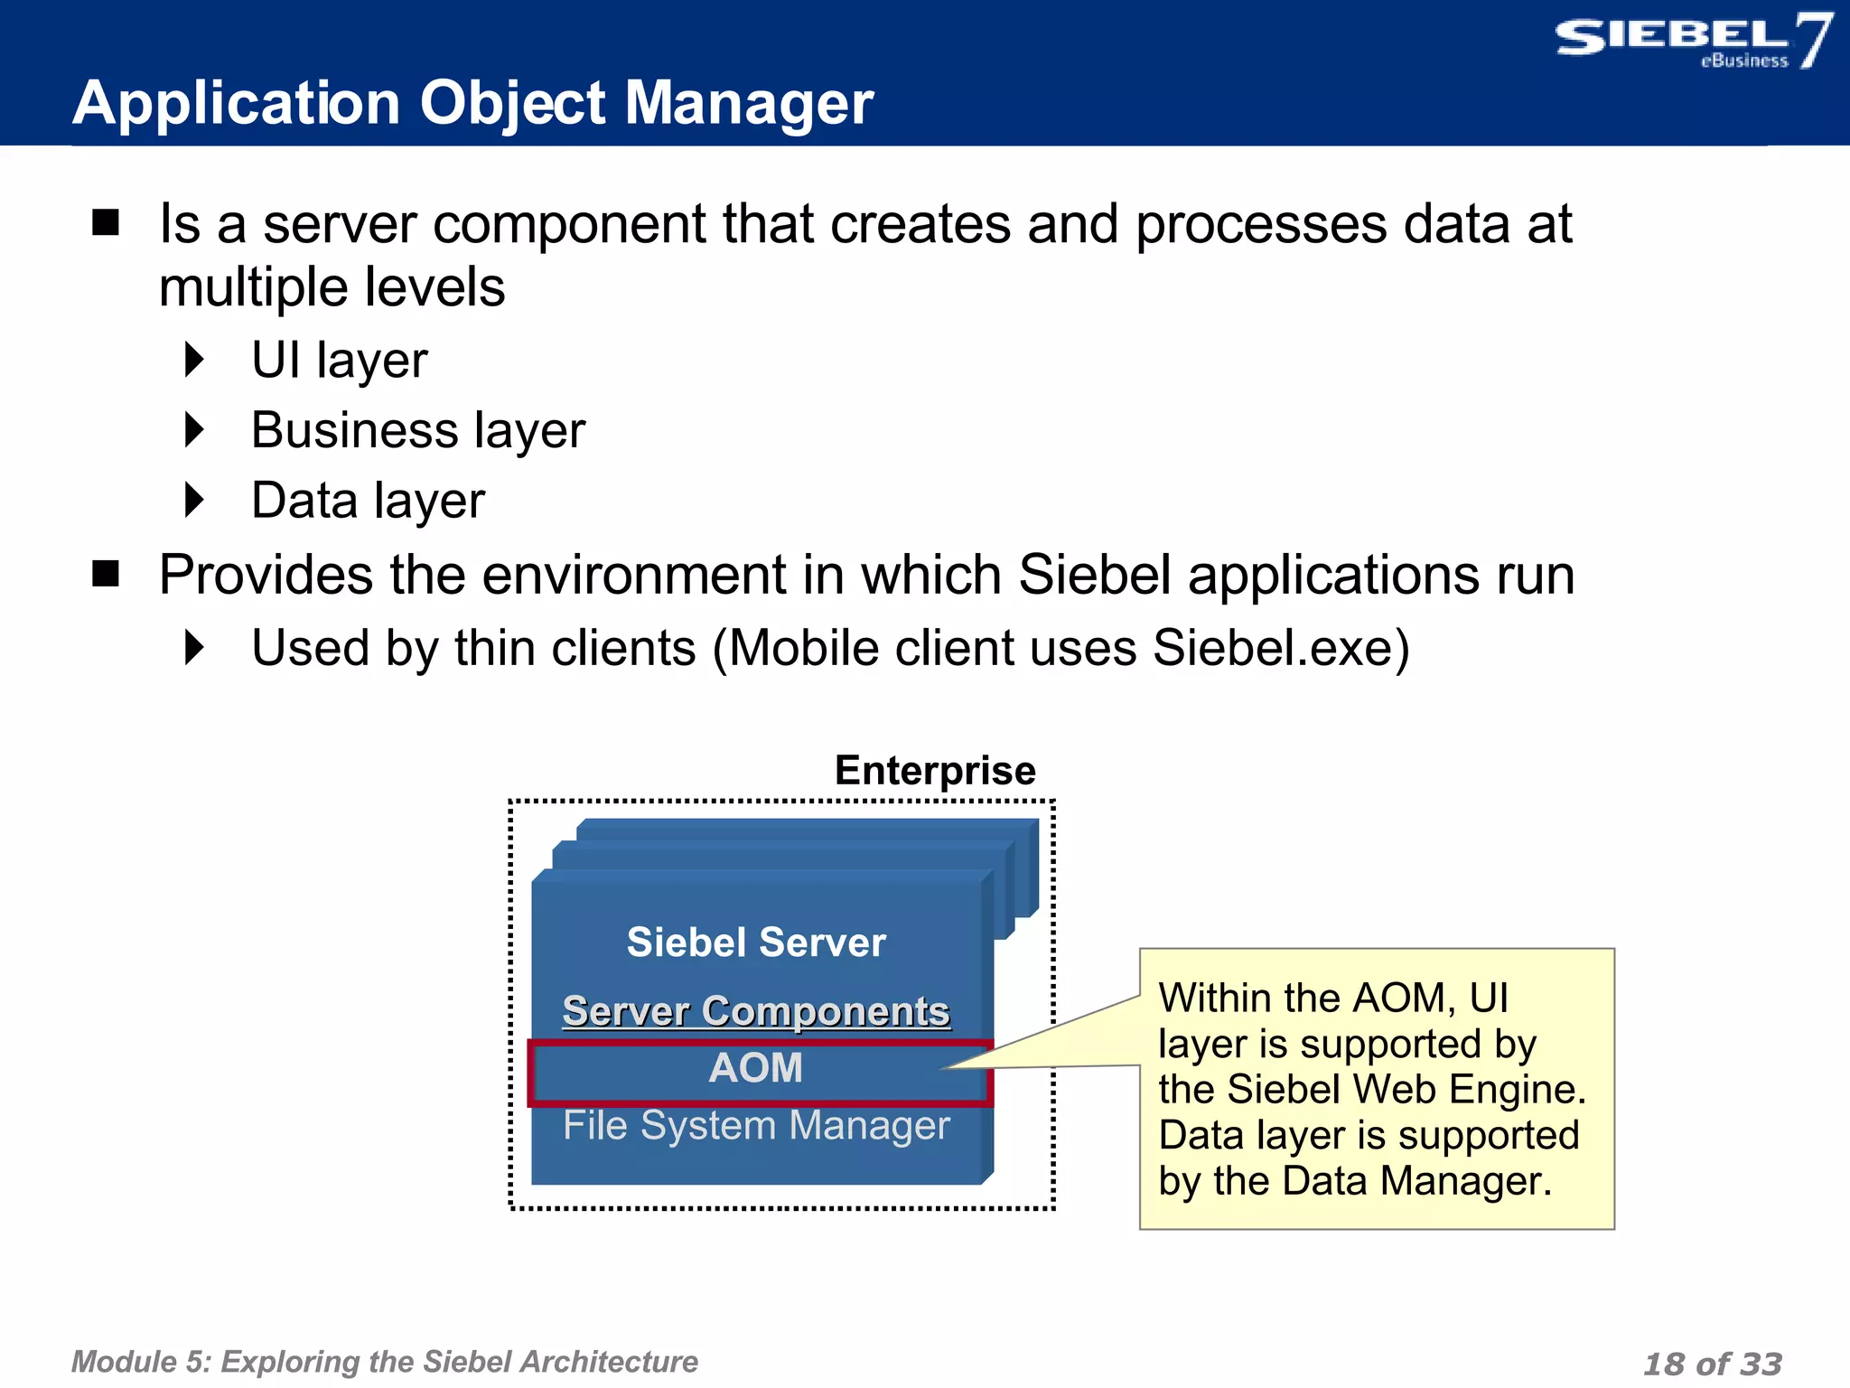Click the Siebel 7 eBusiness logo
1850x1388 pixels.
pos(1691,41)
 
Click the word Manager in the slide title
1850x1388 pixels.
pos(749,103)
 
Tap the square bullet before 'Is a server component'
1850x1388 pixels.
pos(106,222)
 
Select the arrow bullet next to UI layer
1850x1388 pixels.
pos(194,360)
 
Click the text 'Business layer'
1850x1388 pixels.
pos(418,430)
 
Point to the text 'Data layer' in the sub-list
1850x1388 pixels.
pos(368,501)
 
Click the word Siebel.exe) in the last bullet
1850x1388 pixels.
pos(1280,648)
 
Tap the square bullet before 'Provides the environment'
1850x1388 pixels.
pos(106,574)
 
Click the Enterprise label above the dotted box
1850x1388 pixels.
pos(935,771)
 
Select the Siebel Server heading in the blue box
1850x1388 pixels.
pos(756,943)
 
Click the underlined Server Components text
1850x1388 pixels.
pos(756,1011)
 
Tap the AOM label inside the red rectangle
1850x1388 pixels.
pos(756,1068)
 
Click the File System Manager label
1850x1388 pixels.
pos(756,1126)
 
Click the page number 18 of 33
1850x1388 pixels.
pos(1712,1364)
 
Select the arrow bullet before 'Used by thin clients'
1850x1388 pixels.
pos(194,648)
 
